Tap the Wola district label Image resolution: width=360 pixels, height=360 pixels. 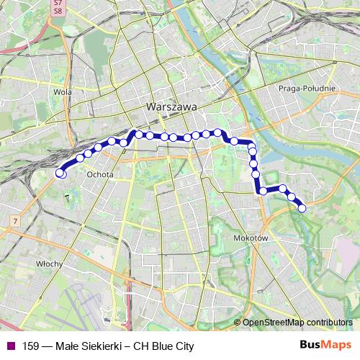click(63, 92)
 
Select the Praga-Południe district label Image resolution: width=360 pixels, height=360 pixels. click(306, 88)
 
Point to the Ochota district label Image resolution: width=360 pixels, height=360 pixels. click(97, 174)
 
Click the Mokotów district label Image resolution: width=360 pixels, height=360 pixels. click(251, 237)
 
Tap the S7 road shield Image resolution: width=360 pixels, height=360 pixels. click(58, 4)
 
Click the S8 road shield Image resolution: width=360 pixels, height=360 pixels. click(58, 12)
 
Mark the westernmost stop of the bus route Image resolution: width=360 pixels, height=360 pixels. click(60, 173)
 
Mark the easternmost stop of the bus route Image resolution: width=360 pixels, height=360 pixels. click(302, 208)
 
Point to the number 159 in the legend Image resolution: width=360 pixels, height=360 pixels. click(31, 346)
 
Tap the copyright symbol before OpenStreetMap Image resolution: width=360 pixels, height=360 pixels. click(237, 323)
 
